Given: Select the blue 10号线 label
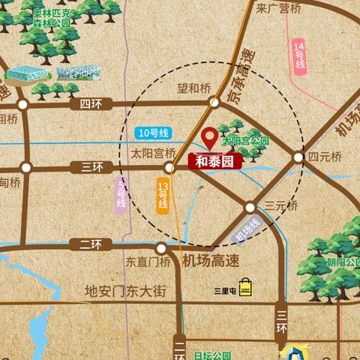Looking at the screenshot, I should click(151, 133).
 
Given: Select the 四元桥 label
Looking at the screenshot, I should click(325, 157).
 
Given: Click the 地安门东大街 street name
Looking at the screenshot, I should click(124, 291).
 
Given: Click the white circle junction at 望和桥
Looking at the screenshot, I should click(215, 102).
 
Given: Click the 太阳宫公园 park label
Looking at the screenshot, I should click(245, 140).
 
